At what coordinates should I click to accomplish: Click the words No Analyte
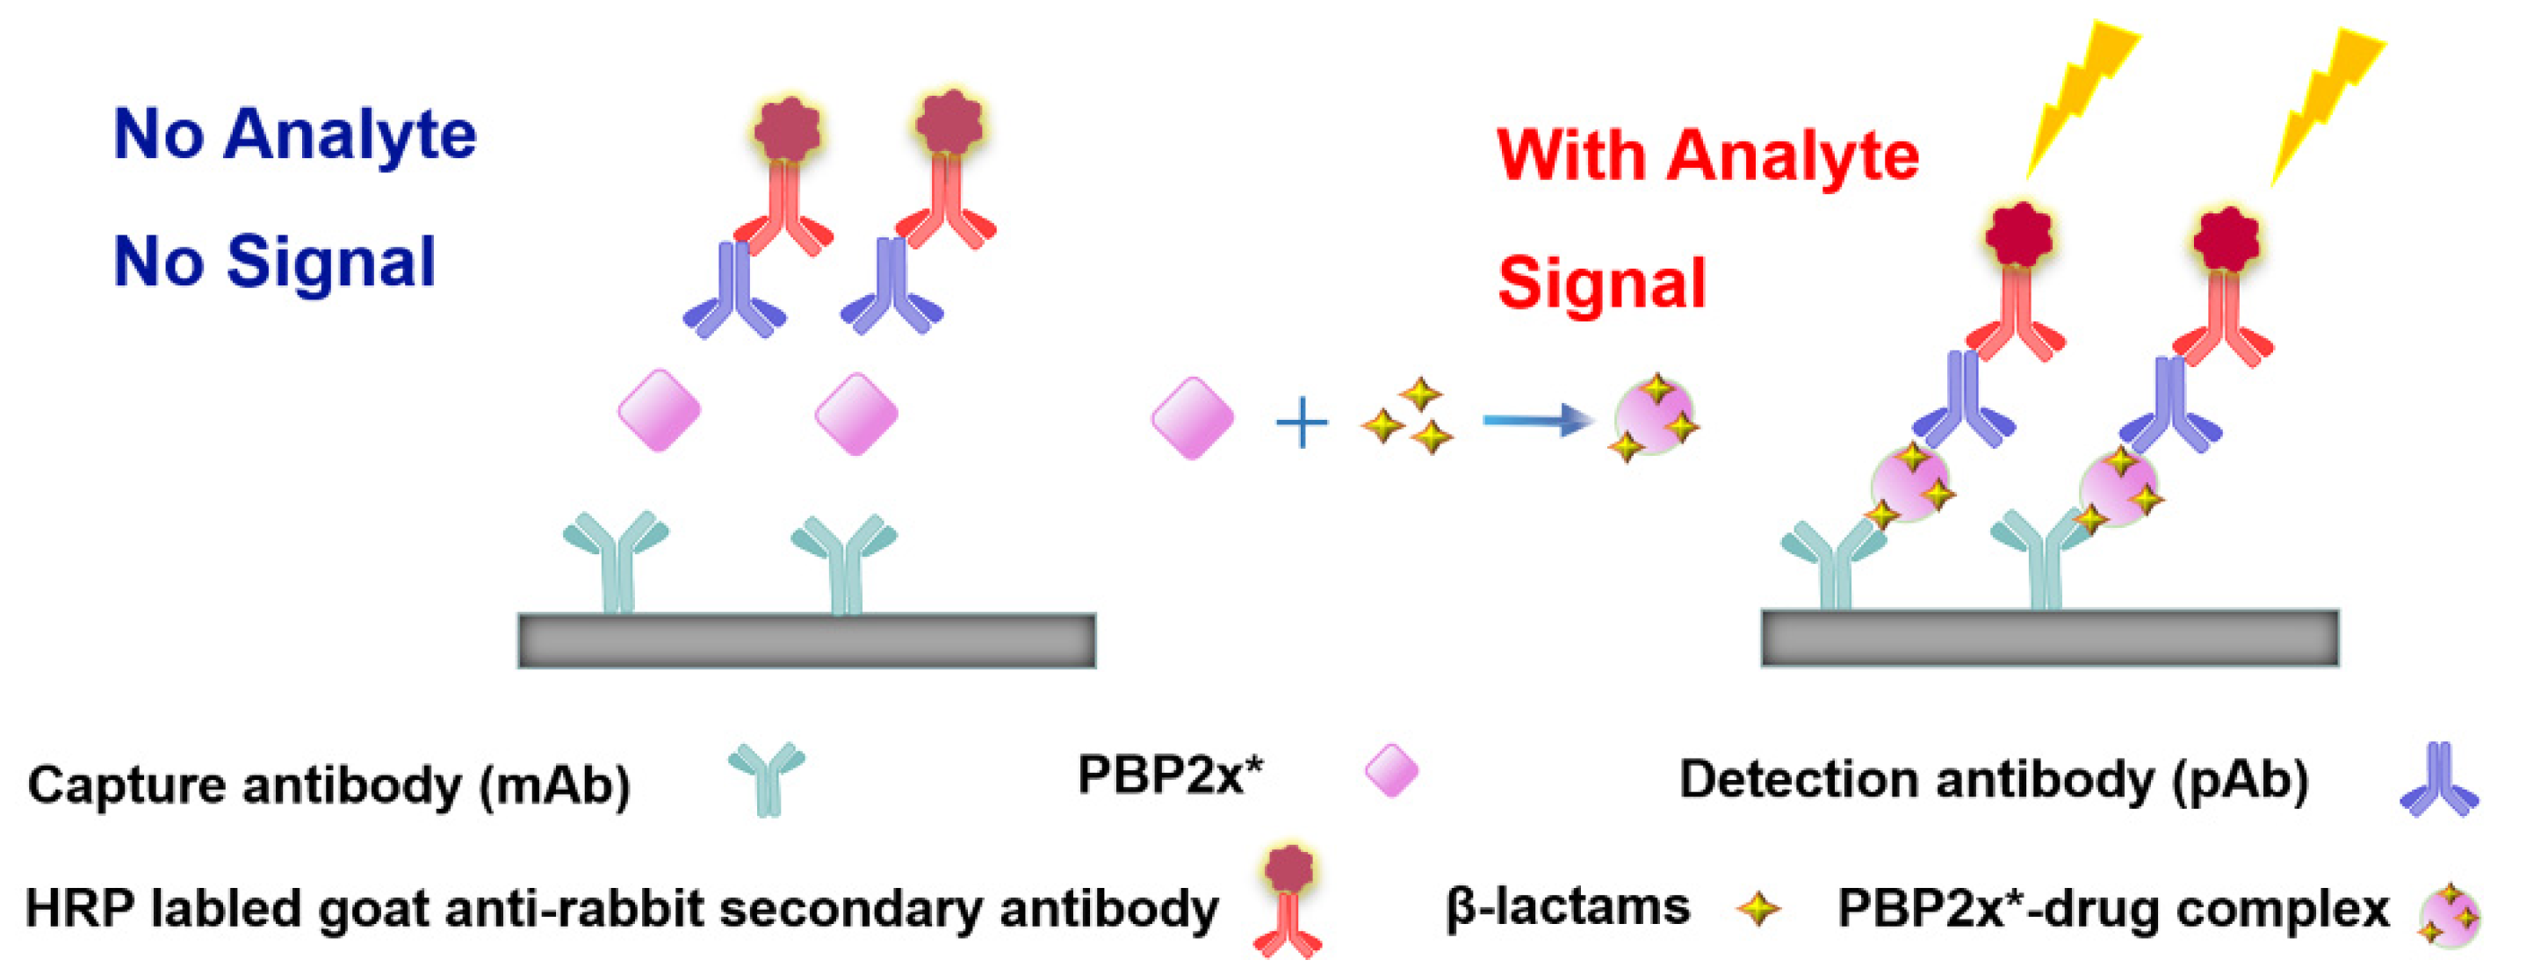coord(294,135)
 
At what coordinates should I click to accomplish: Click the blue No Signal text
coord(275,262)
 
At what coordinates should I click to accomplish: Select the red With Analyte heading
coord(1707,156)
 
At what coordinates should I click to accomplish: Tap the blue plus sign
coord(1302,423)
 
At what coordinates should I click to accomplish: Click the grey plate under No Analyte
coord(806,640)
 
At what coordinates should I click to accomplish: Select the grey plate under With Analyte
coord(2049,639)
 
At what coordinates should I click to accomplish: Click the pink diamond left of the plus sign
coord(1193,418)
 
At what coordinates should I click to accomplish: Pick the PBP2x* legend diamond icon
coord(1391,770)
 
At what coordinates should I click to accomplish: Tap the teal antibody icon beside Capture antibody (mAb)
coord(767,778)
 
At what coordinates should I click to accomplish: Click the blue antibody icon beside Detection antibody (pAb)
coord(2439,781)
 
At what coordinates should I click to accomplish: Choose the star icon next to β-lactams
coord(1758,908)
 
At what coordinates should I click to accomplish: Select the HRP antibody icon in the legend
coord(1288,899)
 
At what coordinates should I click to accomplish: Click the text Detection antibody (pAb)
coord(1994,782)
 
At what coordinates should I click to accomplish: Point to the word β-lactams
coord(1567,907)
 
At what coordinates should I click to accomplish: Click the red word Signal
coord(1601,284)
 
